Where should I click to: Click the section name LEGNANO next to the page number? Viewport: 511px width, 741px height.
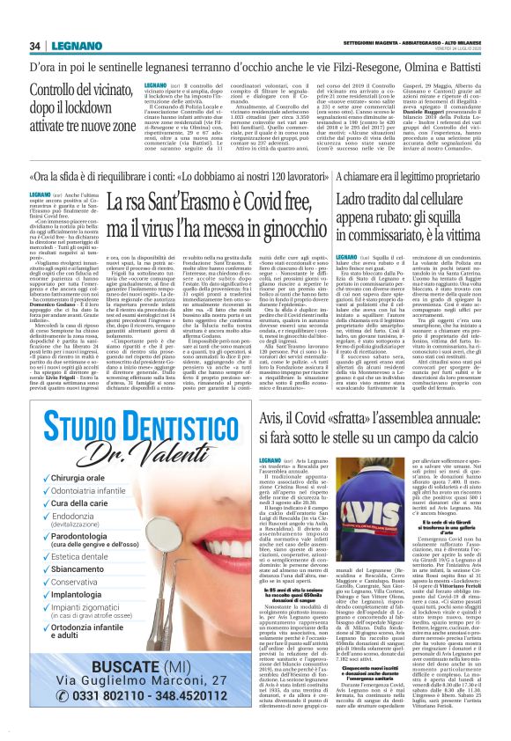67,46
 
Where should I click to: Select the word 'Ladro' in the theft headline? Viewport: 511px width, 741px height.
357,201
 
